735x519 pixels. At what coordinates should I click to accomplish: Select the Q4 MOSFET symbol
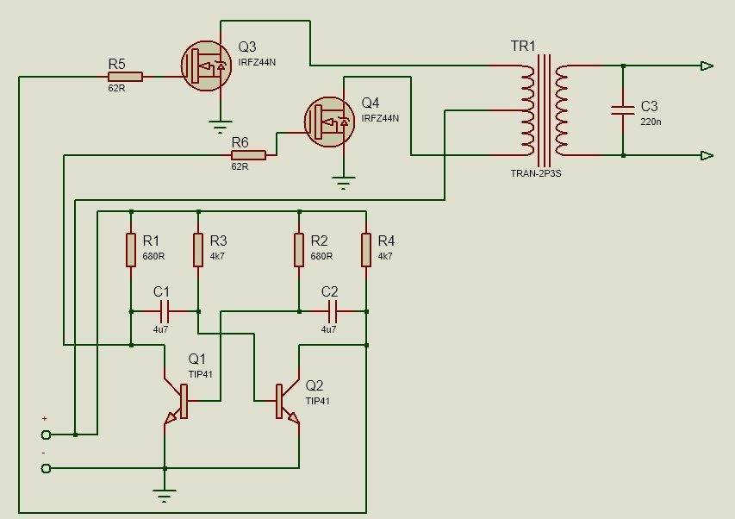[x=331, y=122]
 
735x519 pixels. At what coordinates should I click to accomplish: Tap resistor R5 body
[x=125, y=76]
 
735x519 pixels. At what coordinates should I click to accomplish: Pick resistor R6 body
[x=249, y=155]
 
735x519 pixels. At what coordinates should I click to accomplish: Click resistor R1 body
[x=131, y=249]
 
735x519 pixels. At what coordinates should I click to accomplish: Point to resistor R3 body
[x=197, y=249]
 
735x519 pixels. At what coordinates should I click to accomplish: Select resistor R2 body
[x=299, y=249]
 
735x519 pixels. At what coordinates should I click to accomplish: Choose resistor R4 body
[x=366, y=249]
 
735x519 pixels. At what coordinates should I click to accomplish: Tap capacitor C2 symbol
[x=332, y=311]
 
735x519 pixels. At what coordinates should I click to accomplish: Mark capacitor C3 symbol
[x=622, y=109]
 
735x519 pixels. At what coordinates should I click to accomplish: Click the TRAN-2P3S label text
[x=535, y=173]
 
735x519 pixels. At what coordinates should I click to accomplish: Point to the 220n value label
[x=651, y=122]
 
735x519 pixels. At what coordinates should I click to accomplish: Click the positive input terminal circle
[x=46, y=435]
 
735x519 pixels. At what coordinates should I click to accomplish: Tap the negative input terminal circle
[x=46, y=468]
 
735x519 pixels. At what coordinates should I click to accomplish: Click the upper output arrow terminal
[x=707, y=66]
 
